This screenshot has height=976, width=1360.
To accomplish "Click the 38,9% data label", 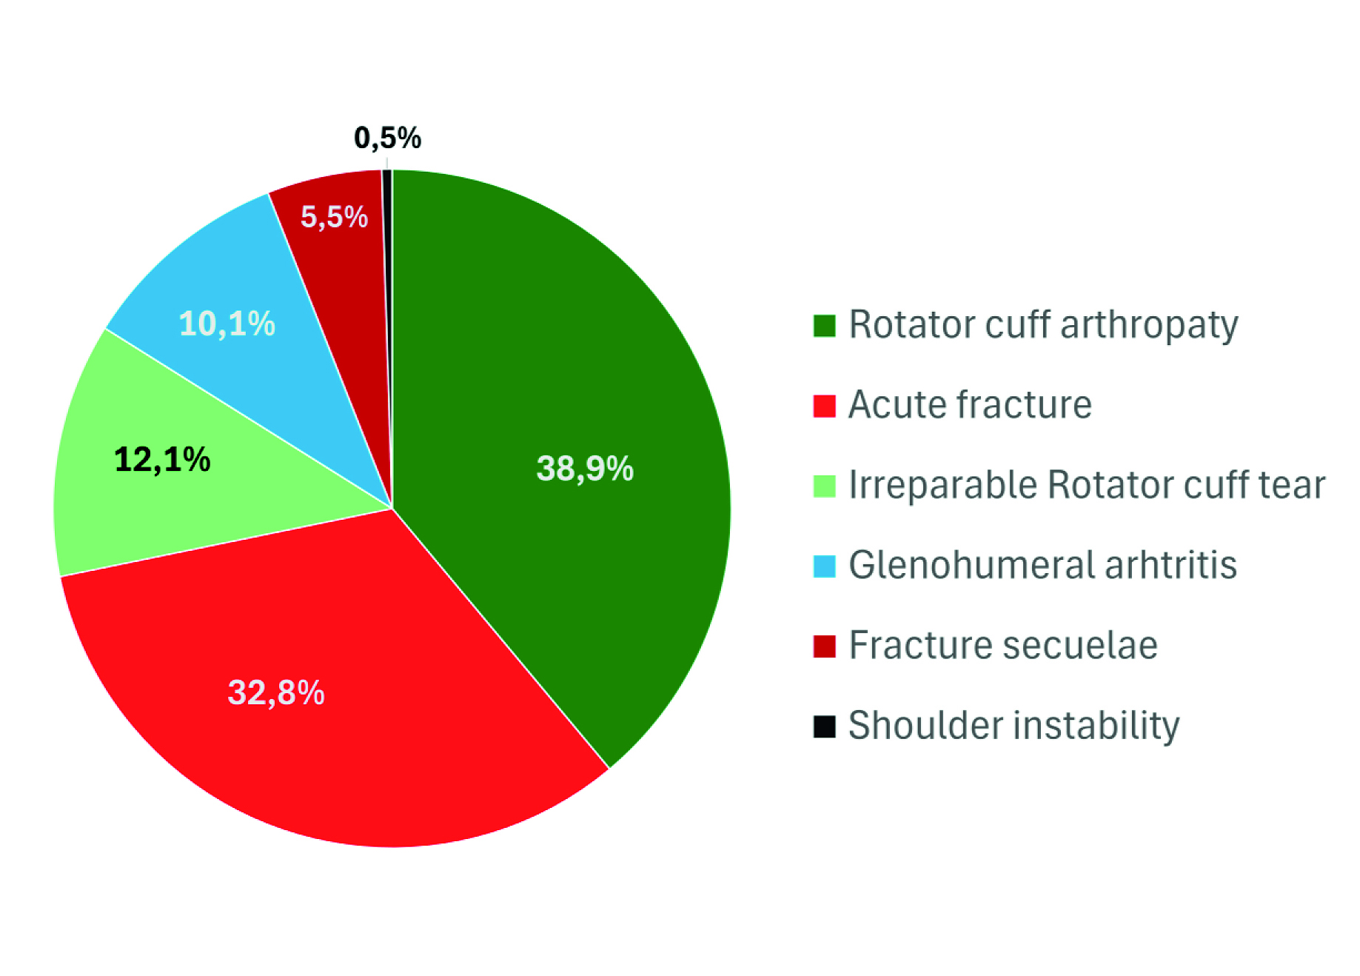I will tap(585, 468).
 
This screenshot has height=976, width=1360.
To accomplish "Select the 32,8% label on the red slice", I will tap(276, 692).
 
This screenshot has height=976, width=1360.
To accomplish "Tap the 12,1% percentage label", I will tap(162, 459).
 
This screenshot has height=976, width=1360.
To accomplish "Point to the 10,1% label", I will tap(227, 324).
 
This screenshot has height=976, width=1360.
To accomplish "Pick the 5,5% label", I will tap(334, 217).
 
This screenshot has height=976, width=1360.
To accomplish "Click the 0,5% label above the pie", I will tap(387, 138).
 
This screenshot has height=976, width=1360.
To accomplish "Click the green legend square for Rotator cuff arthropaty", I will tap(824, 326).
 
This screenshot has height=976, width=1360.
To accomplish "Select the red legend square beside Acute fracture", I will tap(824, 406).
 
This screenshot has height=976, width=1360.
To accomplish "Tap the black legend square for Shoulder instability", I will tap(824, 726).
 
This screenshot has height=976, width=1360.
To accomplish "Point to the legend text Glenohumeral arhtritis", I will tap(1042, 565).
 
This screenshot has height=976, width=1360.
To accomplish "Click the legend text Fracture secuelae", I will tap(1003, 645).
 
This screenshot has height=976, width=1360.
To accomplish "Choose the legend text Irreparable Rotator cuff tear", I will tap(1086, 485).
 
